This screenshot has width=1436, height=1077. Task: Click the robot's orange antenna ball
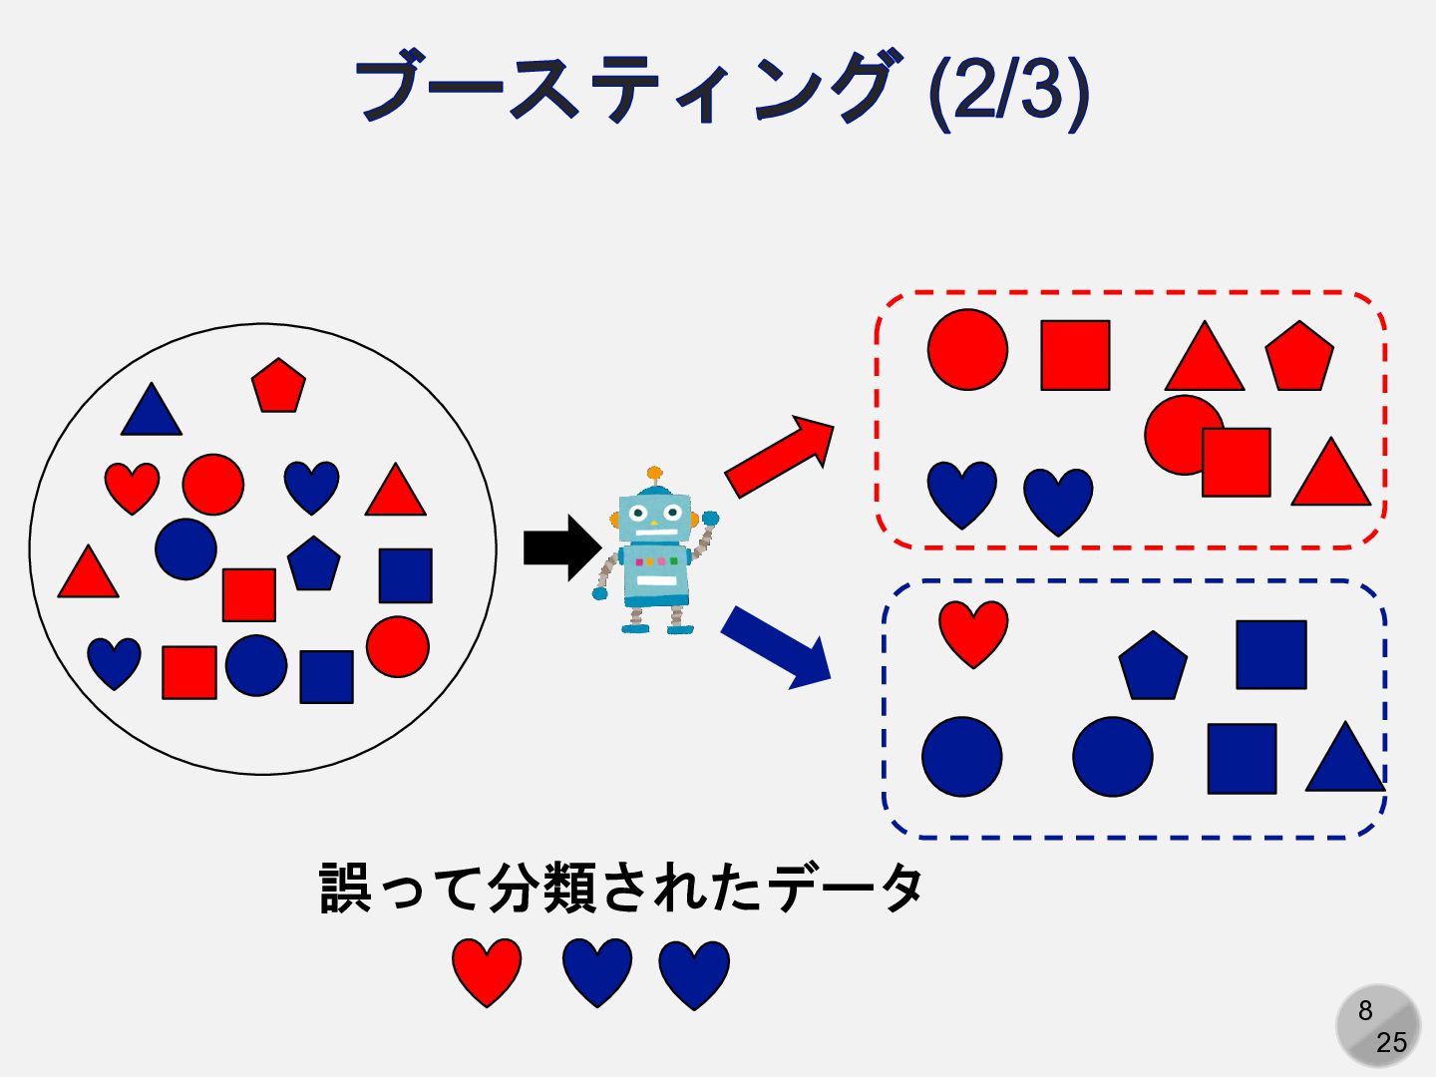tap(654, 473)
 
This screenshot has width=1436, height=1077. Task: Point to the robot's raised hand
tap(710, 519)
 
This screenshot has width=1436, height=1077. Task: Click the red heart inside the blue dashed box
tap(973, 631)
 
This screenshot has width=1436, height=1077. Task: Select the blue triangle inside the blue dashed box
tap(1344, 761)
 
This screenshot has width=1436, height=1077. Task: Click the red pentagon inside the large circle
tap(278, 386)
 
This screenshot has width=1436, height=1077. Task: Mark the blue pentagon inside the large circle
tap(314, 564)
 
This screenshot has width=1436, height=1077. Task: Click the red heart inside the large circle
tap(132, 486)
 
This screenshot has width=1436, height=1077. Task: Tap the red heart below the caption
tap(487, 969)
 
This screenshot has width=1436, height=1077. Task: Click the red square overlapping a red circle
tap(1237, 463)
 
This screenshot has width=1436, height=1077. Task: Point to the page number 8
tap(1365, 1010)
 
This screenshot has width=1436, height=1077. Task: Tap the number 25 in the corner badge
tap(1391, 1042)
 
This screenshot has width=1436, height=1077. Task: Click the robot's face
tap(654, 517)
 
